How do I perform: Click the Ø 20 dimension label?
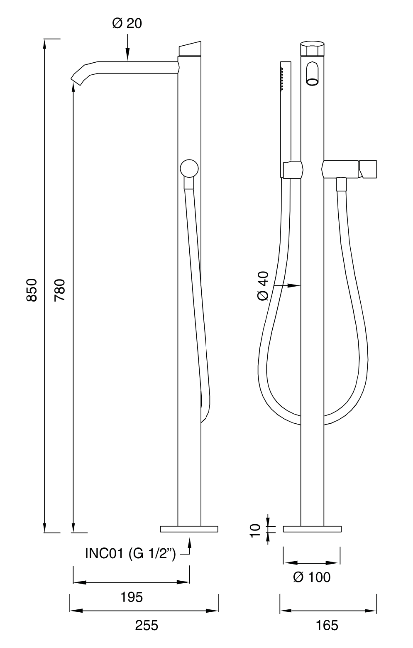(127, 24)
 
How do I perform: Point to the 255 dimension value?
(147, 625)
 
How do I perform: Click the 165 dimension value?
(327, 625)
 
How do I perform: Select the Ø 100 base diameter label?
(311, 577)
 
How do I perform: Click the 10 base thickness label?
(255, 530)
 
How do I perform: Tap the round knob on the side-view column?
(189, 169)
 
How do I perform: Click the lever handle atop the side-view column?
(190, 49)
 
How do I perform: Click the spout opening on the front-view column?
(311, 74)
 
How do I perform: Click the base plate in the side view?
(189, 529)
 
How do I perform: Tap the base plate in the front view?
(312, 529)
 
